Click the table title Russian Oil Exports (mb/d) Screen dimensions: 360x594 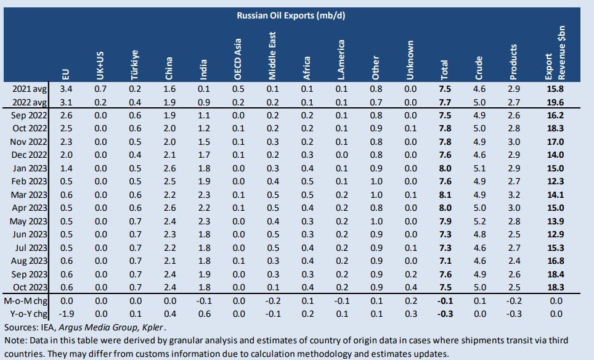pyautogui.click(x=291, y=15)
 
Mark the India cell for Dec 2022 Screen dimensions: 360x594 pyautogui.click(x=205, y=155)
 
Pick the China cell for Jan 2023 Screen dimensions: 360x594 pyautogui.click(x=169, y=168)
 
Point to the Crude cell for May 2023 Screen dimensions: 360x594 pyautogui.click(x=482, y=221)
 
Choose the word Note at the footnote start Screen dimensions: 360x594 pyautogui.click(x=15, y=340)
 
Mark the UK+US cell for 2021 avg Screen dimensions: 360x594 pyautogui.click(x=101, y=89)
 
